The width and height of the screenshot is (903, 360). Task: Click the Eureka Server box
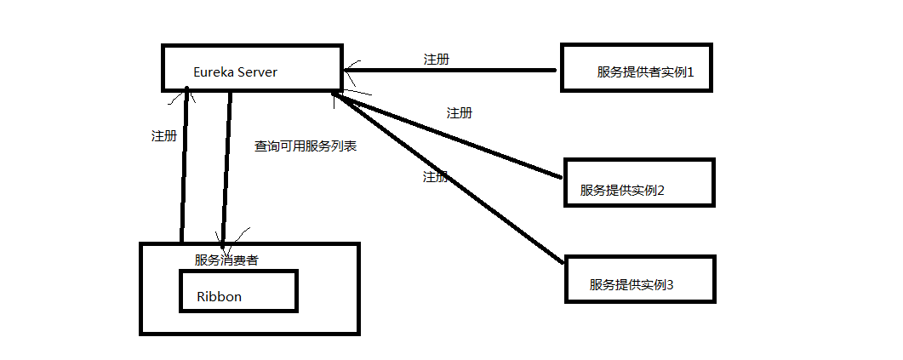(x=252, y=68)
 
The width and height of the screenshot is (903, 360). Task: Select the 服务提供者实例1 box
(x=635, y=68)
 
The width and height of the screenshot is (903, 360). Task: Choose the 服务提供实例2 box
(x=639, y=181)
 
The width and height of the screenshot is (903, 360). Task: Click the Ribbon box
(x=237, y=291)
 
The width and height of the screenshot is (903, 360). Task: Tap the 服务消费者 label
(x=226, y=260)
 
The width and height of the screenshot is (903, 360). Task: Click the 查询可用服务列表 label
(x=305, y=146)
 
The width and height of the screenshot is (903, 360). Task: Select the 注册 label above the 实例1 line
(x=437, y=60)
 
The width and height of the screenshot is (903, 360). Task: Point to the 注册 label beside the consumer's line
(x=163, y=135)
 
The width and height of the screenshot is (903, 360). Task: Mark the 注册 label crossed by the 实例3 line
(x=435, y=177)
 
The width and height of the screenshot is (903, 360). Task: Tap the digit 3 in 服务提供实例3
(x=670, y=284)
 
